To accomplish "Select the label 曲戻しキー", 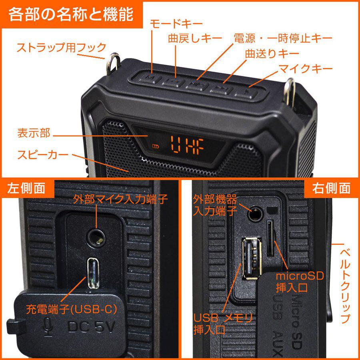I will click(195, 38).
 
